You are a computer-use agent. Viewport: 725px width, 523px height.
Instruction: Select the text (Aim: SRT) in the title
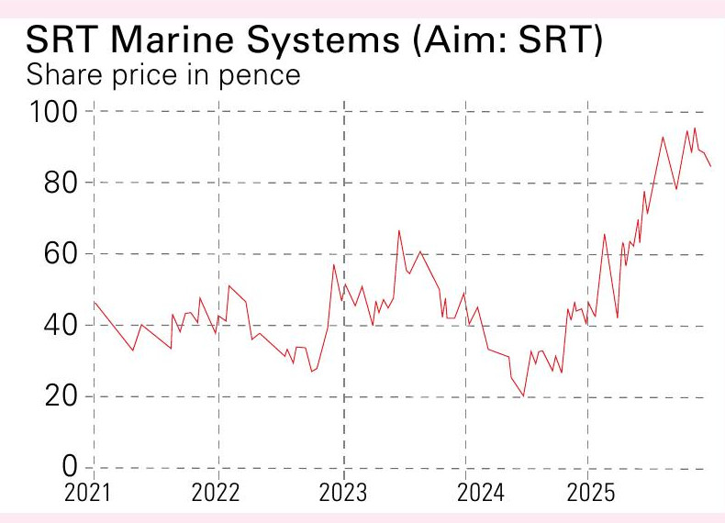click(x=507, y=40)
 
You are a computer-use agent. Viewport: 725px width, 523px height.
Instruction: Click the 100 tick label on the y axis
click(x=56, y=112)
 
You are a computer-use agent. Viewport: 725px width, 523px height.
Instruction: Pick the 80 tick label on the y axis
click(x=64, y=184)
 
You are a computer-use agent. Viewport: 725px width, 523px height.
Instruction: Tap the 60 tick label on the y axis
click(x=64, y=254)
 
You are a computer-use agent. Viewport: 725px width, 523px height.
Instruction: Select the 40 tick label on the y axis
click(x=64, y=326)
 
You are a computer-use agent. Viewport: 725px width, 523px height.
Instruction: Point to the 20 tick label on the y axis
click(x=64, y=397)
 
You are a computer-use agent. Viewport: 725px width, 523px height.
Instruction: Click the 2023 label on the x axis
click(x=342, y=494)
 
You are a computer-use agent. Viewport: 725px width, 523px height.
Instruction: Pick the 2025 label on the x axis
click(x=591, y=494)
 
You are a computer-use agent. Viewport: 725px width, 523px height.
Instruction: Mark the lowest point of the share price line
click(x=523, y=396)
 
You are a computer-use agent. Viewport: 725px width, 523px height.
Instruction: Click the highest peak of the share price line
click(x=695, y=128)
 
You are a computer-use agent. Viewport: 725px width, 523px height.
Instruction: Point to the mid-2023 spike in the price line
click(x=398, y=230)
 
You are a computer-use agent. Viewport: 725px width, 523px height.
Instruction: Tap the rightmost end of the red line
click(x=710, y=166)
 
